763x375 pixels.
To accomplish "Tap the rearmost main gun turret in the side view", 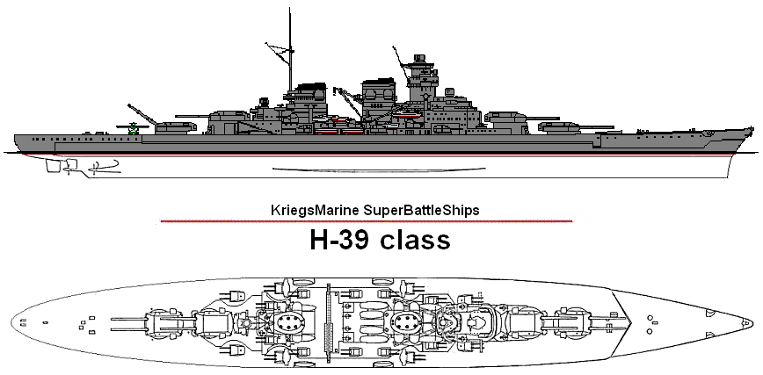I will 175,124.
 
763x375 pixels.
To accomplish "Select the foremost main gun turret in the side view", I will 560,125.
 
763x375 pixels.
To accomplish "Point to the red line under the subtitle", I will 367,221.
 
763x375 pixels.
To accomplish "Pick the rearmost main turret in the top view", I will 165,322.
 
